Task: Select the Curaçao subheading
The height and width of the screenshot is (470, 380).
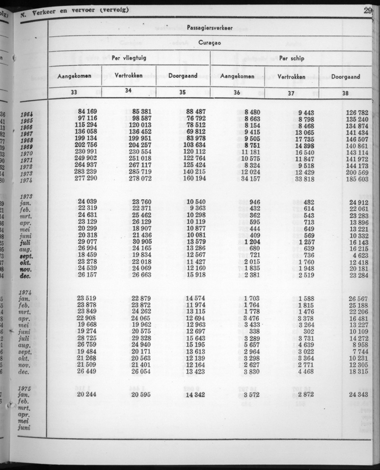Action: pyautogui.click(x=210, y=43)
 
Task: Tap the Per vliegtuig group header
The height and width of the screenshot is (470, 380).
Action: pyautogui.click(x=129, y=58)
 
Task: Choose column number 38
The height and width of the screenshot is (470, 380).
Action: pyautogui.click(x=345, y=93)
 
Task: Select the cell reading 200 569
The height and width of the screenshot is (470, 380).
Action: pyautogui.click(x=358, y=173)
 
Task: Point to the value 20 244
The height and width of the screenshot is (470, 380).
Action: pyautogui.click(x=88, y=394)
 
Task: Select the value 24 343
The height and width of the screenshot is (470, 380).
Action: pyautogui.click(x=358, y=394)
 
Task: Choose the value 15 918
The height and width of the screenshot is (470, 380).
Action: pyautogui.click(x=196, y=275)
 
